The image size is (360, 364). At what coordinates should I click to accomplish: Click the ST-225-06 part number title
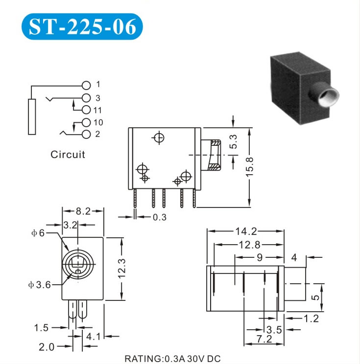tap(82, 27)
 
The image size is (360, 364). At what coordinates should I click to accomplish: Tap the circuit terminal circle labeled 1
tap(86, 86)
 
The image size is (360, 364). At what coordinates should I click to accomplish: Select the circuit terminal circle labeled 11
tap(86, 110)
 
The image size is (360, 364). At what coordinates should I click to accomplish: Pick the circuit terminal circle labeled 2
tap(86, 135)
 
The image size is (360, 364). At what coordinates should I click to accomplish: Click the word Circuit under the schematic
tap(68, 155)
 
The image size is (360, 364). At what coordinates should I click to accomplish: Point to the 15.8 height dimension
tap(250, 167)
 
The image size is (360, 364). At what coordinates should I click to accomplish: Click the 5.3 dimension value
tap(233, 141)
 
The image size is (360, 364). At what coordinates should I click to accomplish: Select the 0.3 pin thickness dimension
tap(160, 217)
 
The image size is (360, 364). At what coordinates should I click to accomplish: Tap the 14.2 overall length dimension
tap(246, 231)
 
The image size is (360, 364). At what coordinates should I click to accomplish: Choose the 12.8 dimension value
tap(250, 245)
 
